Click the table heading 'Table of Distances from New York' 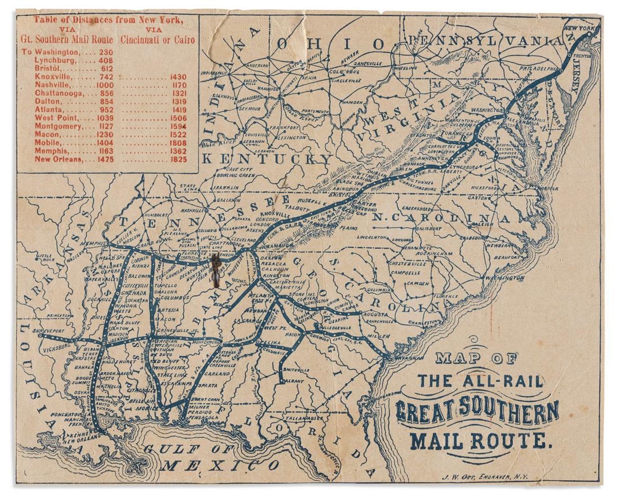[x=108, y=20]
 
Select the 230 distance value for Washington [x=106, y=52]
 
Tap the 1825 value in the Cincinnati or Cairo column [x=178, y=160]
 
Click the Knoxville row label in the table [x=52, y=76]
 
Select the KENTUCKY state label [x=266, y=160]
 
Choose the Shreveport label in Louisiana [x=33, y=331]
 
